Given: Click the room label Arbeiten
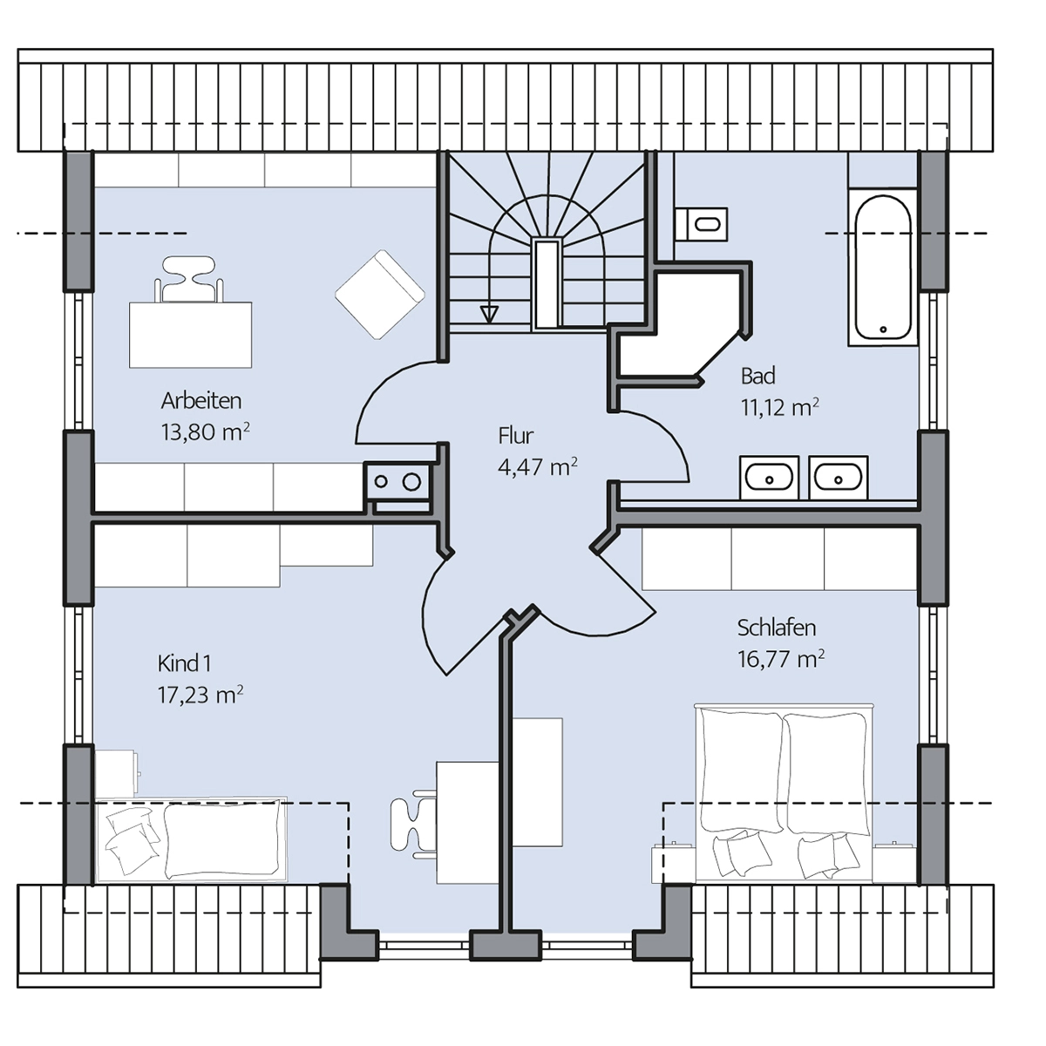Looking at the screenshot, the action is click(200, 401).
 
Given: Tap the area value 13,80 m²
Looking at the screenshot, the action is click(205, 432).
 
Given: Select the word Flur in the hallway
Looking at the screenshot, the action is click(516, 435).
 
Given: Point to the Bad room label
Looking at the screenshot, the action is click(757, 376).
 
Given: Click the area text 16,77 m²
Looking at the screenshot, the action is click(780, 659).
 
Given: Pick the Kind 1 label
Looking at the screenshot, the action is click(184, 663).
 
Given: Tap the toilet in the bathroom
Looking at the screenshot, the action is click(702, 224).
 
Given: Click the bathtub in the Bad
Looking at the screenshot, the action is click(883, 267).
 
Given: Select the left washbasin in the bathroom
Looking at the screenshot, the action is click(769, 478).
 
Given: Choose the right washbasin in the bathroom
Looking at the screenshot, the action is click(838, 478).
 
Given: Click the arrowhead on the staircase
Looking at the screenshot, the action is click(489, 315).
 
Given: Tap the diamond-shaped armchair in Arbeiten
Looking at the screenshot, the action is click(379, 295).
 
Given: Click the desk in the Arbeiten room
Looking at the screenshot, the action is click(190, 335).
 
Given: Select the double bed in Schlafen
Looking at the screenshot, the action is click(784, 793).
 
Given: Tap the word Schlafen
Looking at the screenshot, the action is click(777, 628).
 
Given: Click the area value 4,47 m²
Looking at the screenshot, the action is click(538, 467).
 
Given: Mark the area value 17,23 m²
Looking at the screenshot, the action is click(200, 695).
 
